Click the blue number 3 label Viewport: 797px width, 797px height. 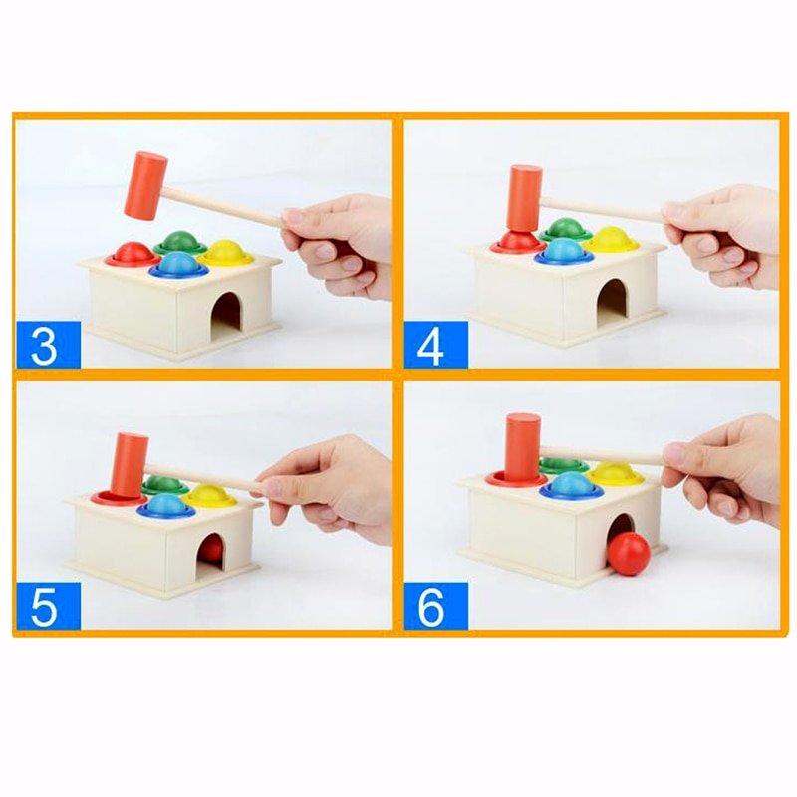47,345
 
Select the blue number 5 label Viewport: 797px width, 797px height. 47,605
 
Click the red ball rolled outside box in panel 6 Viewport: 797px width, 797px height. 629,554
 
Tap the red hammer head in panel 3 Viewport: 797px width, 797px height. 145,184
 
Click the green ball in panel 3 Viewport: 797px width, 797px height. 180,242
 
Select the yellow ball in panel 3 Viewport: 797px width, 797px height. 226,253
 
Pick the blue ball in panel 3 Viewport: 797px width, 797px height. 178,264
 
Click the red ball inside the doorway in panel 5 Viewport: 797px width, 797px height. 212,549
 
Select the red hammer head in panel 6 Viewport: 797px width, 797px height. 522,444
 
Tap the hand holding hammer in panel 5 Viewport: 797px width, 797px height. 329,485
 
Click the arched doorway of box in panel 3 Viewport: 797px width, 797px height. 227,311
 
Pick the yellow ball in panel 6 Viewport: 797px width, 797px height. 614,471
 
